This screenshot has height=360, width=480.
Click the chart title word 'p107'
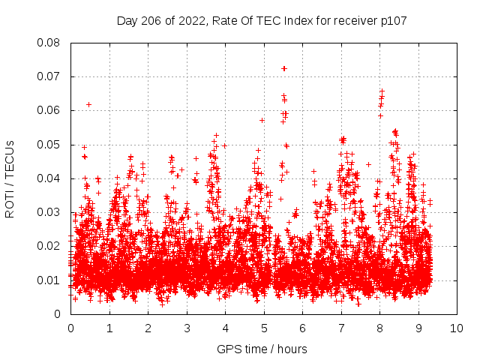pyautogui.click(x=393, y=21)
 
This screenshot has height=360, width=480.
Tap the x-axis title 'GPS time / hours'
pyautogui.click(x=262, y=349)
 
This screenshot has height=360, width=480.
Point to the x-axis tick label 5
pyautogui.click(x=264, y=328)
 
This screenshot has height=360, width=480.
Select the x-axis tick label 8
pyautogui.click(x=379, y=328)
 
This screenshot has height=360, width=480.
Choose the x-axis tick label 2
pyautogui.click(x=148, y=328)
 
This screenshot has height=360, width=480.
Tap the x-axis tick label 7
pyautogui.click(x=341, y=328)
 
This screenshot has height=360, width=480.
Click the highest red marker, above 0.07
pyautogui.click(x=284, y=68)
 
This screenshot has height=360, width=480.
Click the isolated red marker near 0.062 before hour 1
pyautogui.click(x=88, y=104)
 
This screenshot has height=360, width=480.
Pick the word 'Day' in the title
pyautogui.click(x=127, y=21)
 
